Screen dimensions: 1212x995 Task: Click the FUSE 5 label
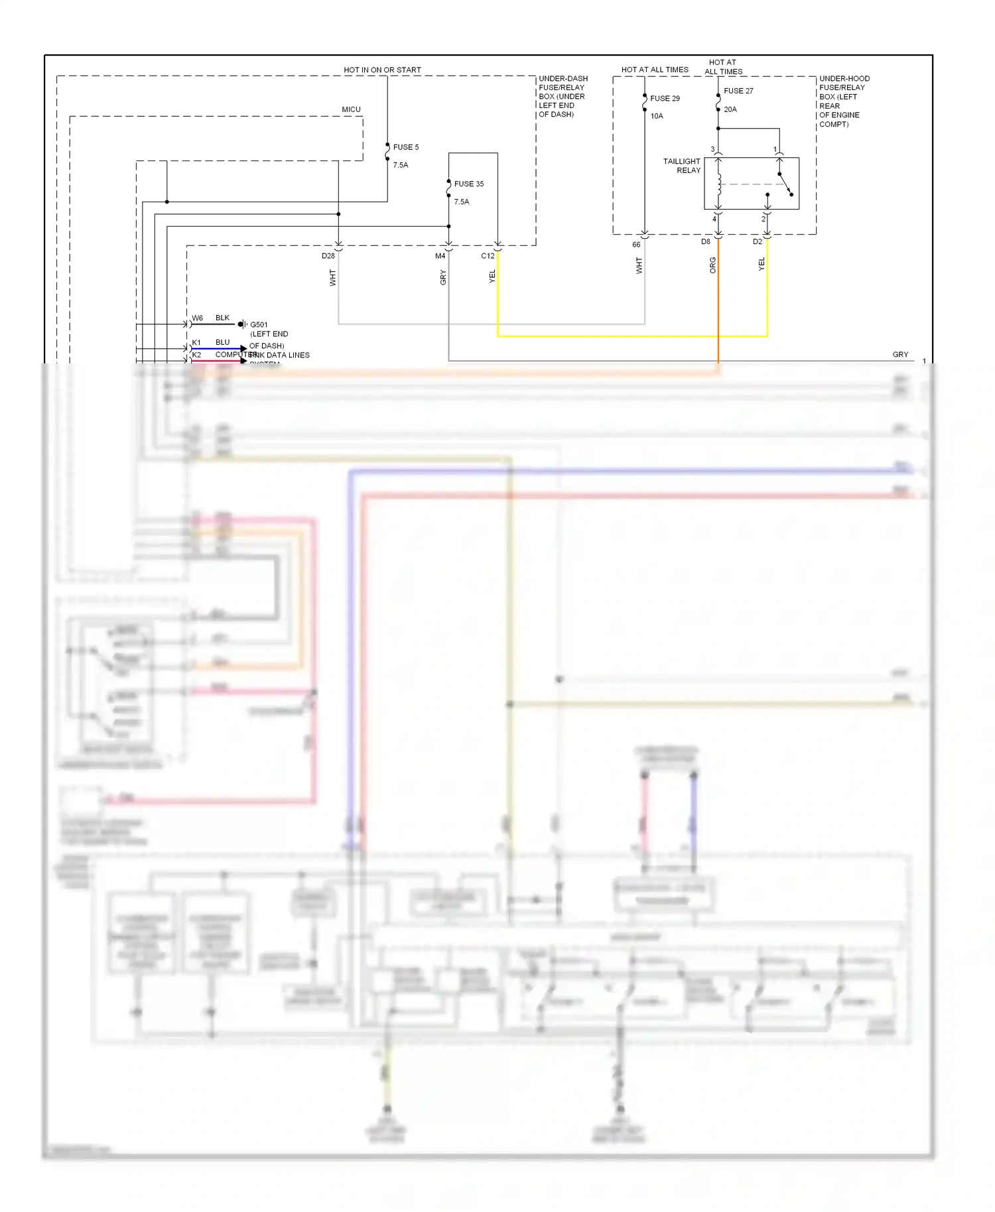click(x=405, y=147)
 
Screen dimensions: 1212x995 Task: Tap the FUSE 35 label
click(x=468, y=184)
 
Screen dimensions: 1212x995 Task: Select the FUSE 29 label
click(x=665, y=98)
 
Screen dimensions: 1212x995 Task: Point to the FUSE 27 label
click(x=738, y=91)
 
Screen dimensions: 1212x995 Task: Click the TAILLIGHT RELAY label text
click(x=682, y=166)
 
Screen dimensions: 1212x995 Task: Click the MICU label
click(x=351, y=109)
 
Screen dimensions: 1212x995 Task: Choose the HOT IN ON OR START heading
click(x=382, y=70)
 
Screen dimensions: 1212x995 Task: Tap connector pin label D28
click(x=328, y=256)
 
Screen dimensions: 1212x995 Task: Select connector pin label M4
click(x=440, y=256)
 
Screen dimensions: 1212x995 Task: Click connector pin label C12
click(x=488, y=256)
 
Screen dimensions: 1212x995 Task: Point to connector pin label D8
click(x=706, y=242)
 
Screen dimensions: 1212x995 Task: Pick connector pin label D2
click(x=758, y=242)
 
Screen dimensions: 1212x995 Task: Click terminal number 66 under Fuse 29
click(x=636, y=245)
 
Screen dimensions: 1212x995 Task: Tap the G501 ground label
click(x=259, y=325)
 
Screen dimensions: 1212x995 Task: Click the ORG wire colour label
click(x=713, y=265)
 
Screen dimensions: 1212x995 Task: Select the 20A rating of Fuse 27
click(x=730, y=109)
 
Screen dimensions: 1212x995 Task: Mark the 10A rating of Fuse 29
click(x=657, y=116)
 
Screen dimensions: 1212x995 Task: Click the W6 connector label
click(x=198, y=318)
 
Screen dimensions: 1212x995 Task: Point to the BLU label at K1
click(x=222, y=343)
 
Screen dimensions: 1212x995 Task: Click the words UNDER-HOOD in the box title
click(x=844, y=78)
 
